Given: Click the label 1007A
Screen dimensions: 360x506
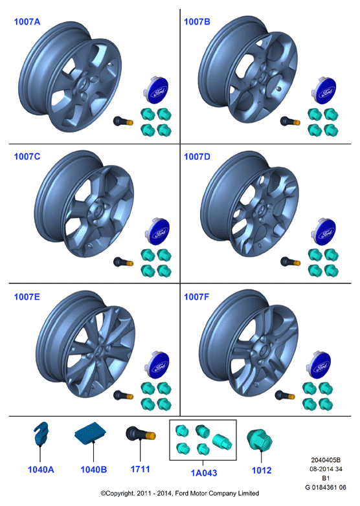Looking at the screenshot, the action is (x=27, y=22).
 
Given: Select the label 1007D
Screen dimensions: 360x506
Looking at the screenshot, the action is (x=197, y=157).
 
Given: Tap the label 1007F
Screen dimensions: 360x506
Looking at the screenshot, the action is (x=197, y=297).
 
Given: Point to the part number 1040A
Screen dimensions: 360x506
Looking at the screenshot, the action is (x=41, y=470).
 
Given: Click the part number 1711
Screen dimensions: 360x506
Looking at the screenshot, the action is (x=140, y=469).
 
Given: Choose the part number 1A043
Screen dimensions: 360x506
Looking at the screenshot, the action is (x=204, y=473).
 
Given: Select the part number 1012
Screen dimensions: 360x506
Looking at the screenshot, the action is (x=262, y=470).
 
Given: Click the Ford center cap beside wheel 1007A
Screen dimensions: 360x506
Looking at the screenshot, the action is (x=155, y=90).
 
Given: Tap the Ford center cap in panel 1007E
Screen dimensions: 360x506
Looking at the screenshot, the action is (x=157, y=365).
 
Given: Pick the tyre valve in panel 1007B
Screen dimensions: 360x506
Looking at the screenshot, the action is (x=290, y=122).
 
